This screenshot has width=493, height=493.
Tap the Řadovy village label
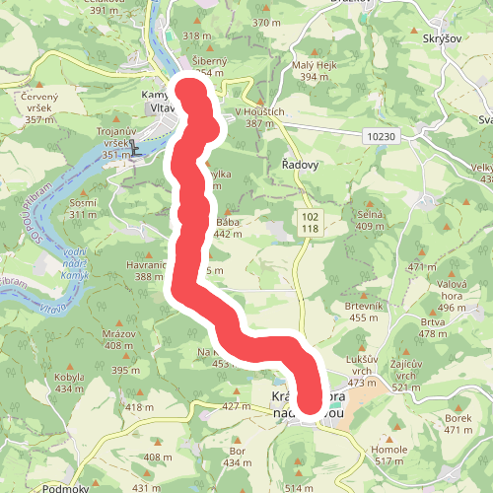300,165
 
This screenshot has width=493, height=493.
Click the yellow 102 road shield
311,215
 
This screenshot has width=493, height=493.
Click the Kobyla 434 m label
68,383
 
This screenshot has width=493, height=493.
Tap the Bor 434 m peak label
237,457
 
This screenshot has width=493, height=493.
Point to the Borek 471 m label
458,424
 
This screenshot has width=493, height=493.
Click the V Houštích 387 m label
258,116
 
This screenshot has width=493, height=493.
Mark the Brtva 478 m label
433,327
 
